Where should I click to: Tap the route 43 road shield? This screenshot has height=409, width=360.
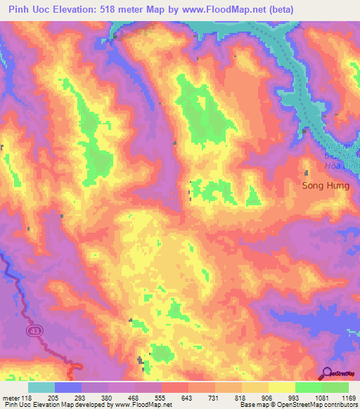tap(33, 330)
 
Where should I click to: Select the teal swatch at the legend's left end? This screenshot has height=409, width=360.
tap(41, 387)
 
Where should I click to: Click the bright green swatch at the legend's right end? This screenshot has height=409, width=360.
tap(335, 387)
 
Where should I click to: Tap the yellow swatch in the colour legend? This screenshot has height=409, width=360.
tap(281, 387)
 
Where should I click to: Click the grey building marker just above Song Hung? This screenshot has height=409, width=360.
tap(306, 173)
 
